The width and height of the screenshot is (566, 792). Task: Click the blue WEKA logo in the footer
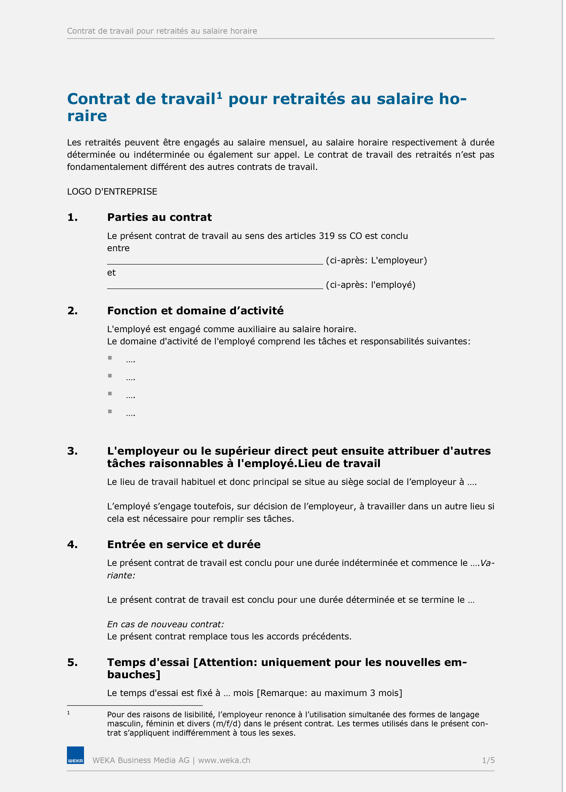point(75,755)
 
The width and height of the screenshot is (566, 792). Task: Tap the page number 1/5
point(488,760)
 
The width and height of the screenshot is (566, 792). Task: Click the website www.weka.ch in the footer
point(224,760)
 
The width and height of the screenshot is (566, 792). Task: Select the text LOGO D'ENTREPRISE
point(112,192)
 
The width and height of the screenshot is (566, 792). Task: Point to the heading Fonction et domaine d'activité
point(195,311)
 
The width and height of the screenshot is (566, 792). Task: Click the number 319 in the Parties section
point(326,236)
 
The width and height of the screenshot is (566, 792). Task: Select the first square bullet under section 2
point(110,358)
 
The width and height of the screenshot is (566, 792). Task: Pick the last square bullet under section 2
point(110,411)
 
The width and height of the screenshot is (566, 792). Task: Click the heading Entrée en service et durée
point(184,544)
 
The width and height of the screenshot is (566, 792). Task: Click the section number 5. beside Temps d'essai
point(72,662)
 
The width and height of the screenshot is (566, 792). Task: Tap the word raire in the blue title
point(87,116)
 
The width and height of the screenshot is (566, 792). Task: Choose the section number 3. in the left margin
point(72,451)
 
